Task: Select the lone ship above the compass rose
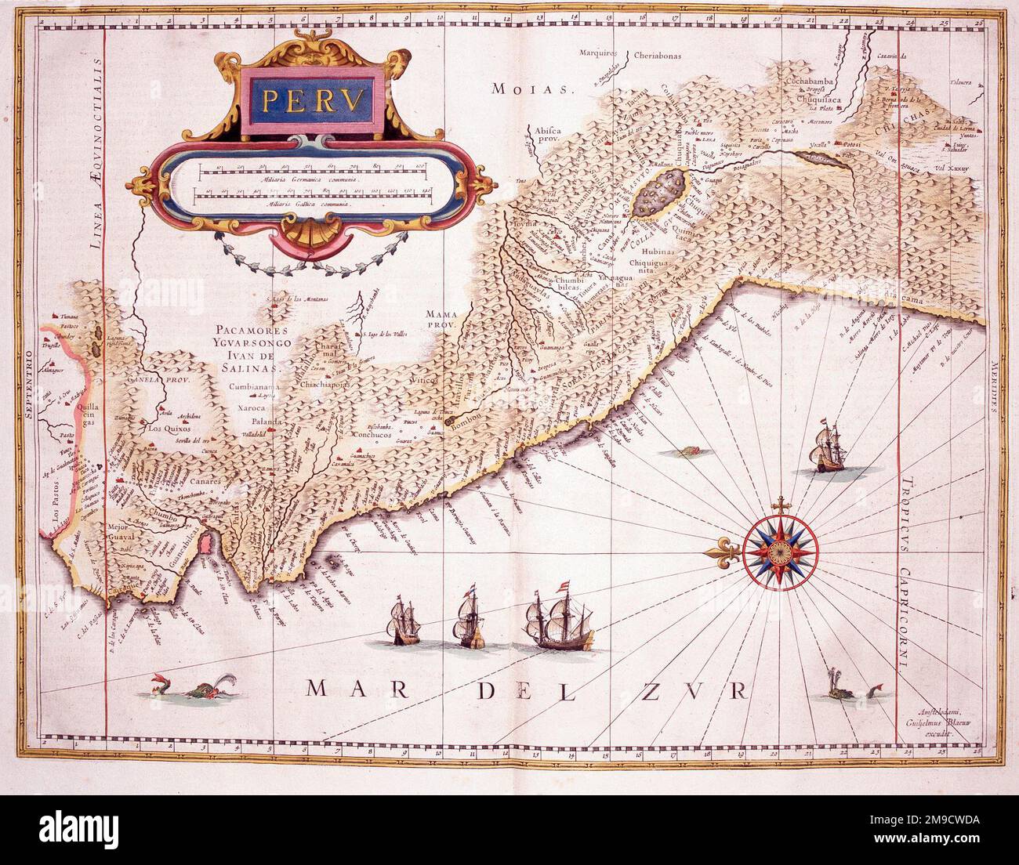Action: pyautogui.click(x=825, y=451)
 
